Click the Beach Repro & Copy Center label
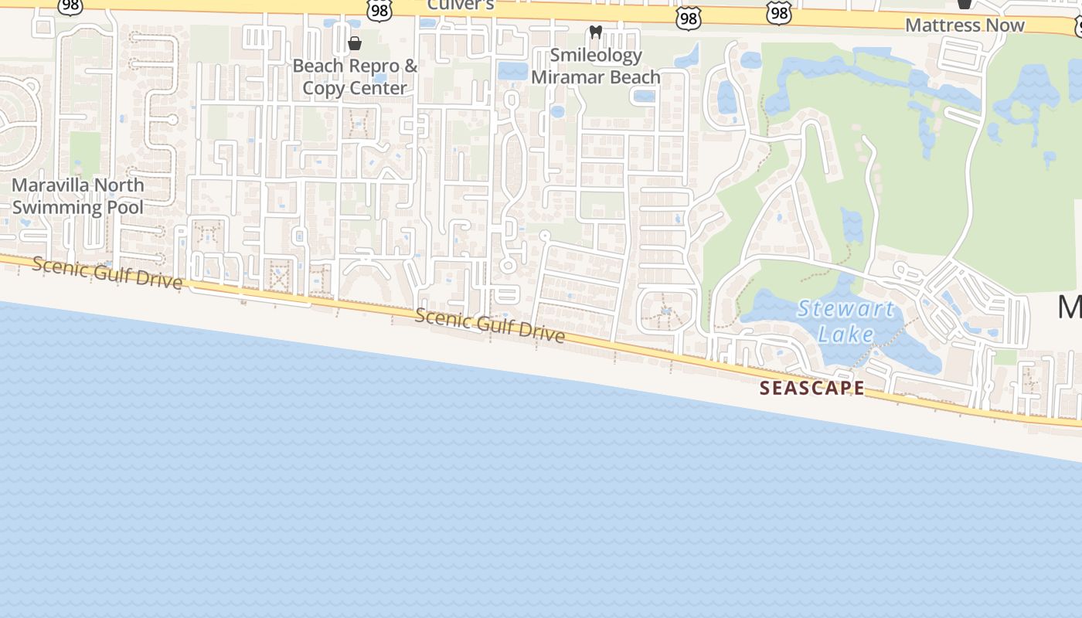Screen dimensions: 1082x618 355,76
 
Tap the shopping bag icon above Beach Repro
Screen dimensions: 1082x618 355,43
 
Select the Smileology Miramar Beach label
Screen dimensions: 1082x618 595,66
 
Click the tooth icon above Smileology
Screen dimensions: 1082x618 595,32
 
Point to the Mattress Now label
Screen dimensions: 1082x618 965,25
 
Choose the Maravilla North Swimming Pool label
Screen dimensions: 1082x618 78,196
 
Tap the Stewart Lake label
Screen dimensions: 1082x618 846,321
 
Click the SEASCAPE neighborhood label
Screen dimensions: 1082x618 812,388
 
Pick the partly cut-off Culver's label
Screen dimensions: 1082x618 461,4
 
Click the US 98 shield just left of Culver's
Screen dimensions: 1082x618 379,9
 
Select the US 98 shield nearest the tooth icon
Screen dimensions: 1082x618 687,19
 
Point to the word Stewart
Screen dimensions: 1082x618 846,310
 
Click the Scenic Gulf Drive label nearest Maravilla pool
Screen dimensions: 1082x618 107,273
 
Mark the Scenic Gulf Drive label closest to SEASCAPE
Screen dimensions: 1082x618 490,325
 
